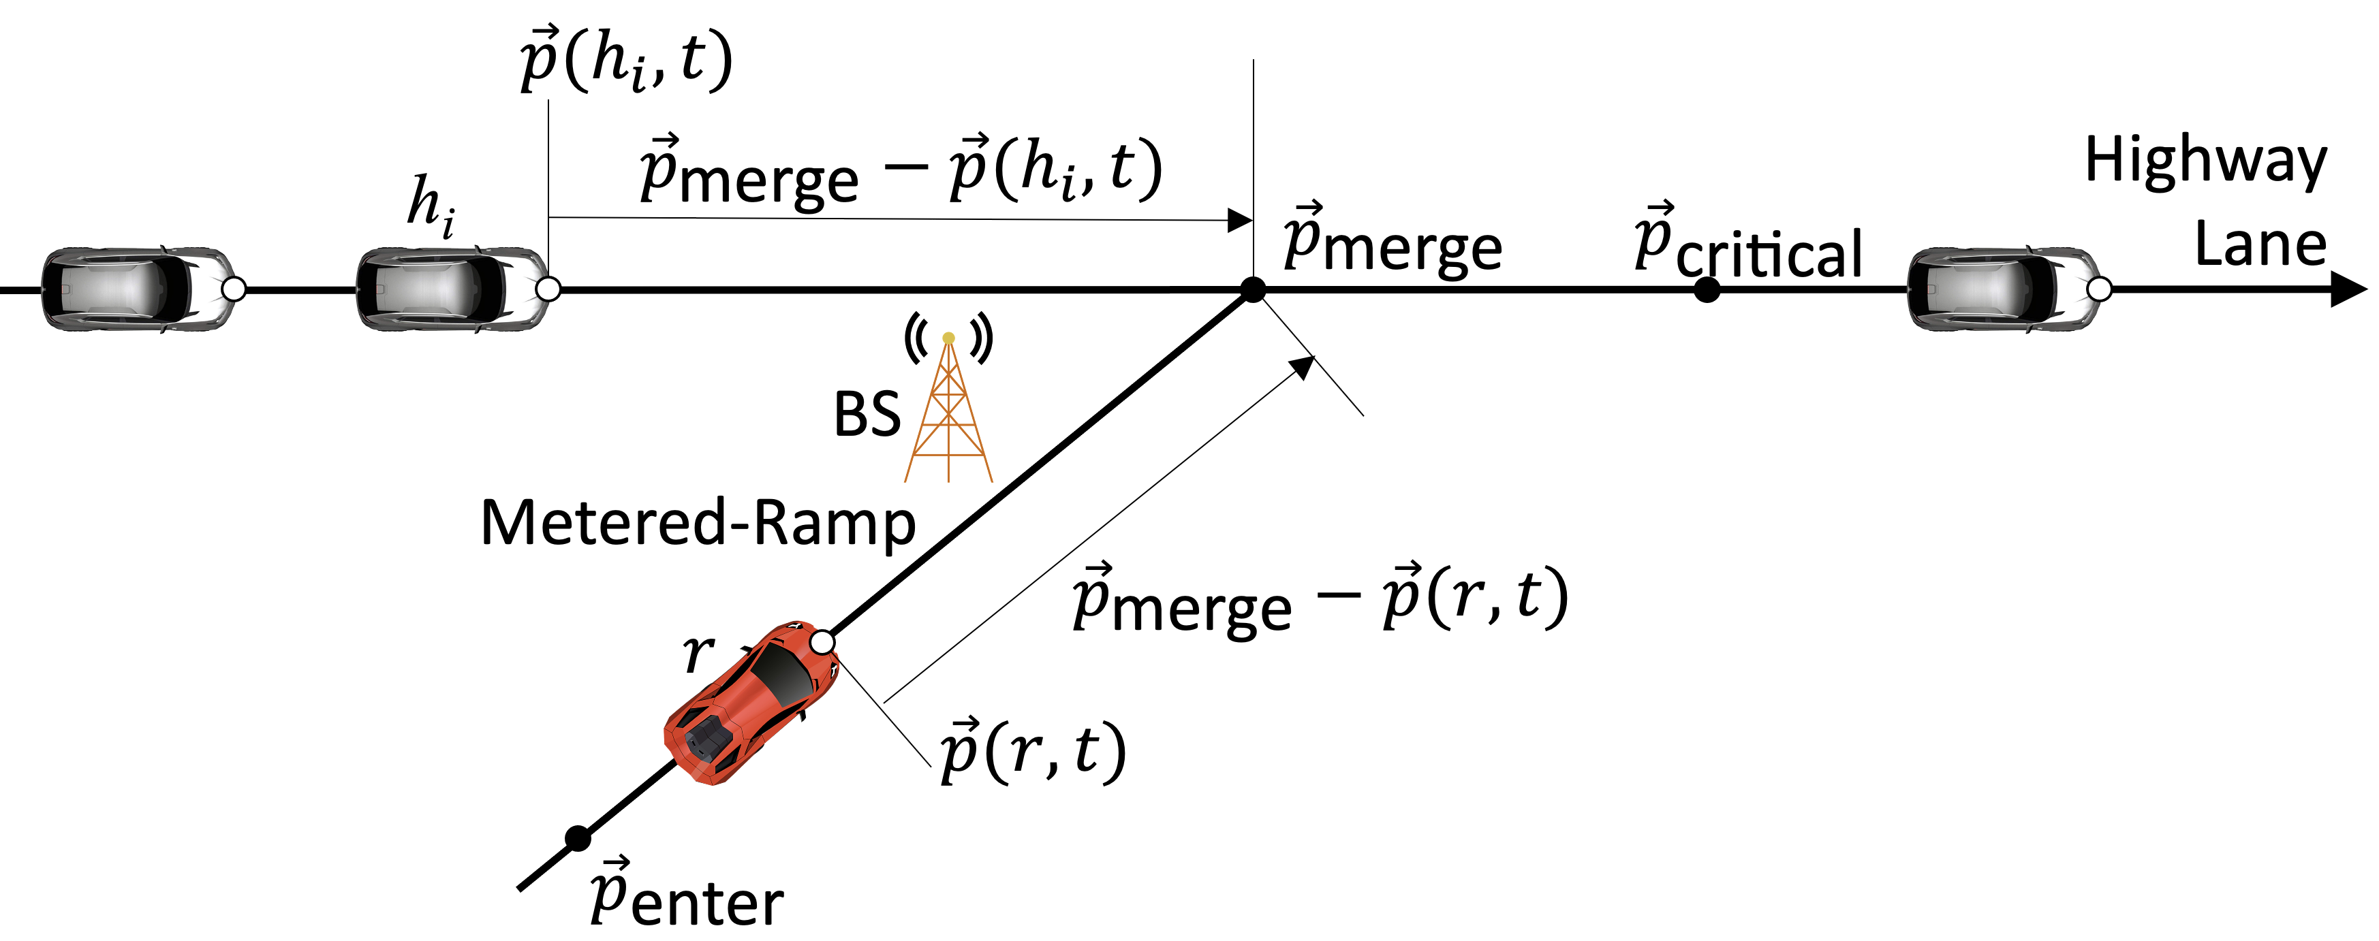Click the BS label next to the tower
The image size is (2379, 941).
coord(867,415)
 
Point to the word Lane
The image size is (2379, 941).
coord(2259,244)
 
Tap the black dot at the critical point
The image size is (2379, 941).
coord(1707,290)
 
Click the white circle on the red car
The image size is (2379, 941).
coord(821,642)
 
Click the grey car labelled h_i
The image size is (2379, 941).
coord(452,289)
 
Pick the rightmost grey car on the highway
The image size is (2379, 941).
coord(2002,289)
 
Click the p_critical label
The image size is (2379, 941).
coord(1747,244)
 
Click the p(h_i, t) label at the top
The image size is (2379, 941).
coord(626,61)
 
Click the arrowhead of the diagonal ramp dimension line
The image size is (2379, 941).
coord(1302,366)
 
